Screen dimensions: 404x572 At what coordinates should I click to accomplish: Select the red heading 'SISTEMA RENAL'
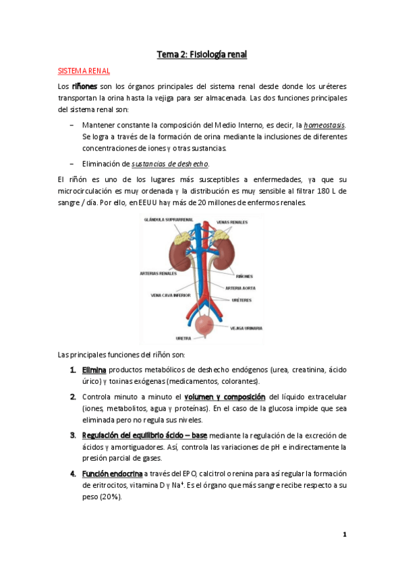point(84,71)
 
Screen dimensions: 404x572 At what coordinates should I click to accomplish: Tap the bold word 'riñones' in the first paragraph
point(85,86)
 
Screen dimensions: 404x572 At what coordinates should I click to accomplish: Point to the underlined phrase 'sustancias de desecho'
point(169,163)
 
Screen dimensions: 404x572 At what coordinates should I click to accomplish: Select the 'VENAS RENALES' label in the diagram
point(232,222)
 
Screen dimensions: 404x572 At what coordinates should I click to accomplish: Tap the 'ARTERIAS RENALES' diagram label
point(158,273)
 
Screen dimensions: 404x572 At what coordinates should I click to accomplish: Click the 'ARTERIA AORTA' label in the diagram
point(240,287)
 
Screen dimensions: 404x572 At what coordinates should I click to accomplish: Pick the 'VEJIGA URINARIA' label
point(246,328)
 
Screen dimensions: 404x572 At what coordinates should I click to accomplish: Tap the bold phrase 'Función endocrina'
point(112,473)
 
